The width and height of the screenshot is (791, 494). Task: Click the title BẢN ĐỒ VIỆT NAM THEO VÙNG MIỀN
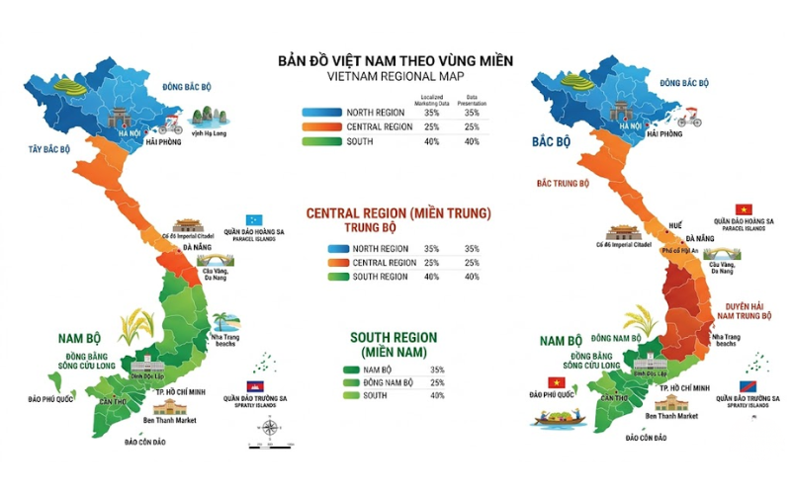tap(396, 60)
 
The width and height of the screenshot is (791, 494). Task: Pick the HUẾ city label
tap(675, 226)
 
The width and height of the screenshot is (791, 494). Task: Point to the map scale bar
tap(264, 446)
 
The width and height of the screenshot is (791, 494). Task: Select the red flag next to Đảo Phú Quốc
tap(554, 382)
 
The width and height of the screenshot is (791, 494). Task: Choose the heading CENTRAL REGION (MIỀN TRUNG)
tap(398, 213)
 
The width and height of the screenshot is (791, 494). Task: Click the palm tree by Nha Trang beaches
tap(225, 322)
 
